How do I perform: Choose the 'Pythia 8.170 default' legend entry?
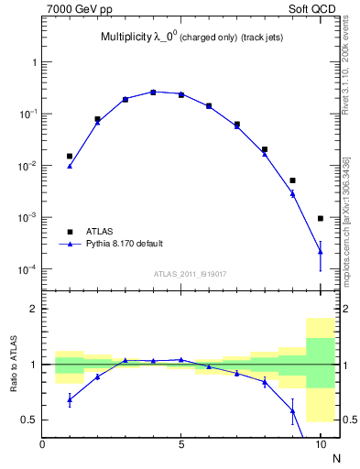(124, 245)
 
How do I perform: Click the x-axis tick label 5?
(181, 446)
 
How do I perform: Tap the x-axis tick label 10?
(320, 446)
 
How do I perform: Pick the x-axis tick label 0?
(42, 446)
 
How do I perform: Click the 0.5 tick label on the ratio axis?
(27, 420)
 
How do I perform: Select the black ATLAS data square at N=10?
(320, 218)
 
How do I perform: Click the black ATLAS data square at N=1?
(70, 157)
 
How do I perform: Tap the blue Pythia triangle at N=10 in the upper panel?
(320, 251)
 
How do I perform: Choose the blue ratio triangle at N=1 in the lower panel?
(70, 399)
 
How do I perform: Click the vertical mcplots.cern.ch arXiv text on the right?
(346, 220)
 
